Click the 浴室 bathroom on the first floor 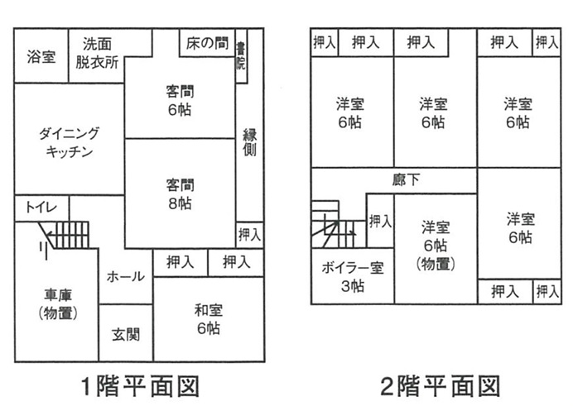[41, 55]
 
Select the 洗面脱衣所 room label [97, 53]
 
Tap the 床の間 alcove [207, 43]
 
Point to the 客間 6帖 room [180, 98]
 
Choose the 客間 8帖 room [180, 193]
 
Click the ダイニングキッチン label [69, 142]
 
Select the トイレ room [41, 208]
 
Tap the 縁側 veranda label [250, 142]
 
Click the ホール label [126, 276]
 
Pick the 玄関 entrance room [126, 333]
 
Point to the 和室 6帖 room [209, 319]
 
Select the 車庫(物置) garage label [58, 303]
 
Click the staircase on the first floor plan [65, 235]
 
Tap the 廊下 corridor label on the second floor [406, 179]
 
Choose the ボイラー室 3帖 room [353, 276]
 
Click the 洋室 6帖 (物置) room [436, 249]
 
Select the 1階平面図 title [140, 386]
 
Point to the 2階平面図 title [440, 386]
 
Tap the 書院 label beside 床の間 [241, 56]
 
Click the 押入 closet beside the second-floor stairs [380, 221]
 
